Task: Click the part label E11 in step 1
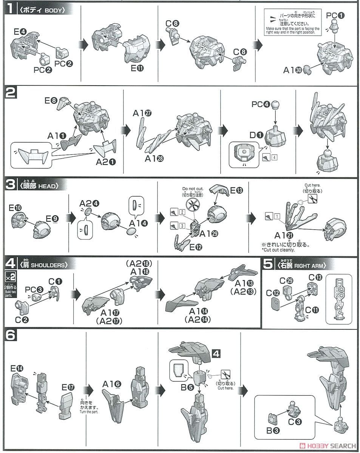[138, 68]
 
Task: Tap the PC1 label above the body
[335, 15]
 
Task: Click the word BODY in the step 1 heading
[53, 10]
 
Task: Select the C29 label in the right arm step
[287, 280]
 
